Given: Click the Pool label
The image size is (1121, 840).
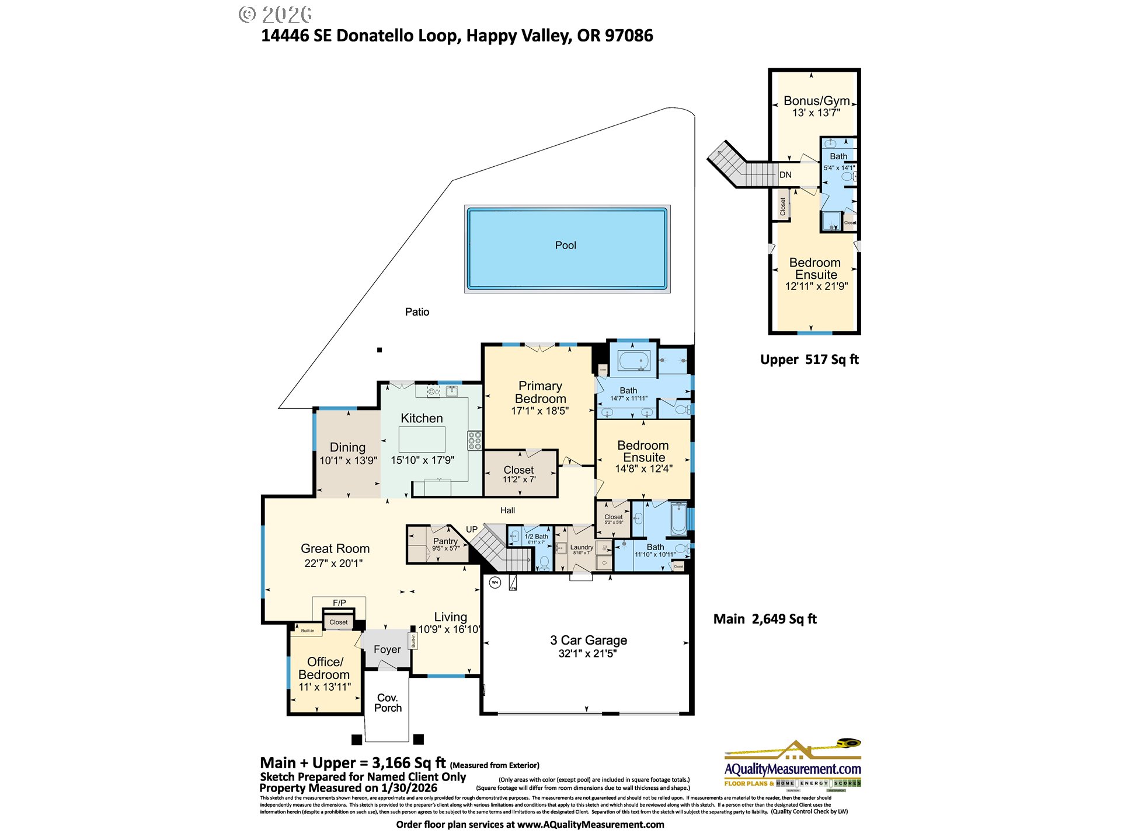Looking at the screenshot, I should [565, 246].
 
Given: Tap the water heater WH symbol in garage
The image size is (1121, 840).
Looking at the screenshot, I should [495, 582].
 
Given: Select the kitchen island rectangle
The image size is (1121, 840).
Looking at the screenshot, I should [422, 439].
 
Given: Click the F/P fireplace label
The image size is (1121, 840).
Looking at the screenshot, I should [339, 603].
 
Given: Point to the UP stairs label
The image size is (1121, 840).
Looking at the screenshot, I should [472, 530].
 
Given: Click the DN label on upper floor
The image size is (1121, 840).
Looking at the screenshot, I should [785, 175].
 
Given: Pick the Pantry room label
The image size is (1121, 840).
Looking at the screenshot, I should [445, 541].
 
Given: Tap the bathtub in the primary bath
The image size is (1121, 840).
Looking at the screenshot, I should [634, 360].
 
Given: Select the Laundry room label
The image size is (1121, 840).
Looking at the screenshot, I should [582, 547].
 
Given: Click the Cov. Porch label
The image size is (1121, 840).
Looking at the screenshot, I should [388, 703].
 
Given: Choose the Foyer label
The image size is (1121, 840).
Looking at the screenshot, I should [387, 649].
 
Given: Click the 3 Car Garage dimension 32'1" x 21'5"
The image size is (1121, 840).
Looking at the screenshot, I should [587, 653].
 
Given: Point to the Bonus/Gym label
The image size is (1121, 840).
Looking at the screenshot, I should [816, 101].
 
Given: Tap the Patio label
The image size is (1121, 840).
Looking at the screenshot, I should [417, 312].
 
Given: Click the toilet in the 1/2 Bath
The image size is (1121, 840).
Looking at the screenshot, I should [544, 562].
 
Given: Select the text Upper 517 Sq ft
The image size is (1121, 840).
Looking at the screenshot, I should [809, 360].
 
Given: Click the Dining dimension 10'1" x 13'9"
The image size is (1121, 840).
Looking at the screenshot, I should [348, 460].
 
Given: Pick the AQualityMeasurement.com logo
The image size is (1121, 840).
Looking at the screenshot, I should [792, 764].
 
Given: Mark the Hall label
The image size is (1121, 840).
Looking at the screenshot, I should [507, 510].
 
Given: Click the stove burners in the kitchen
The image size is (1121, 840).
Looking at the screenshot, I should [475, 440].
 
